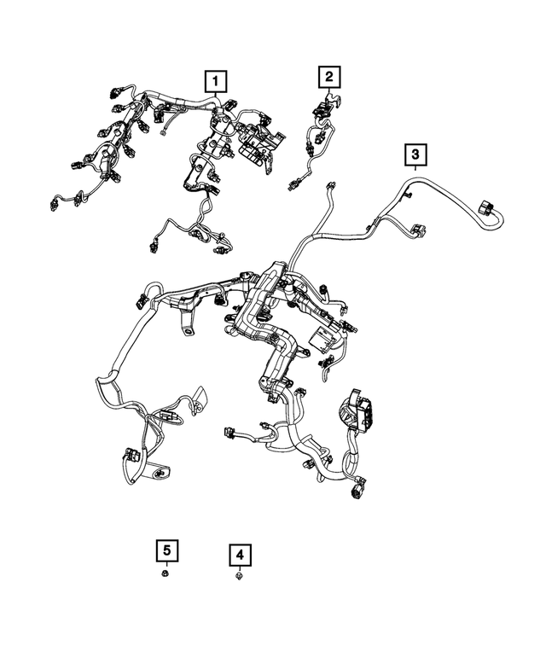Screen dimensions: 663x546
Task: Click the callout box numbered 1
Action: coord(216,82)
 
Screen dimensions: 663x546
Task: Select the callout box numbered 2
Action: coord(328,78)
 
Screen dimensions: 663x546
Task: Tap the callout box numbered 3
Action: coord(415,154)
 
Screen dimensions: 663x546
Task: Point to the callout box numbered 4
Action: coord(240,555)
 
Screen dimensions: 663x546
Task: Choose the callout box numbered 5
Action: coord(166,551)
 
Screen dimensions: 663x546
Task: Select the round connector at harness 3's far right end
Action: coord(489,209)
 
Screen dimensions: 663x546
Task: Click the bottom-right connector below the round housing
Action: coord(354,491)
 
